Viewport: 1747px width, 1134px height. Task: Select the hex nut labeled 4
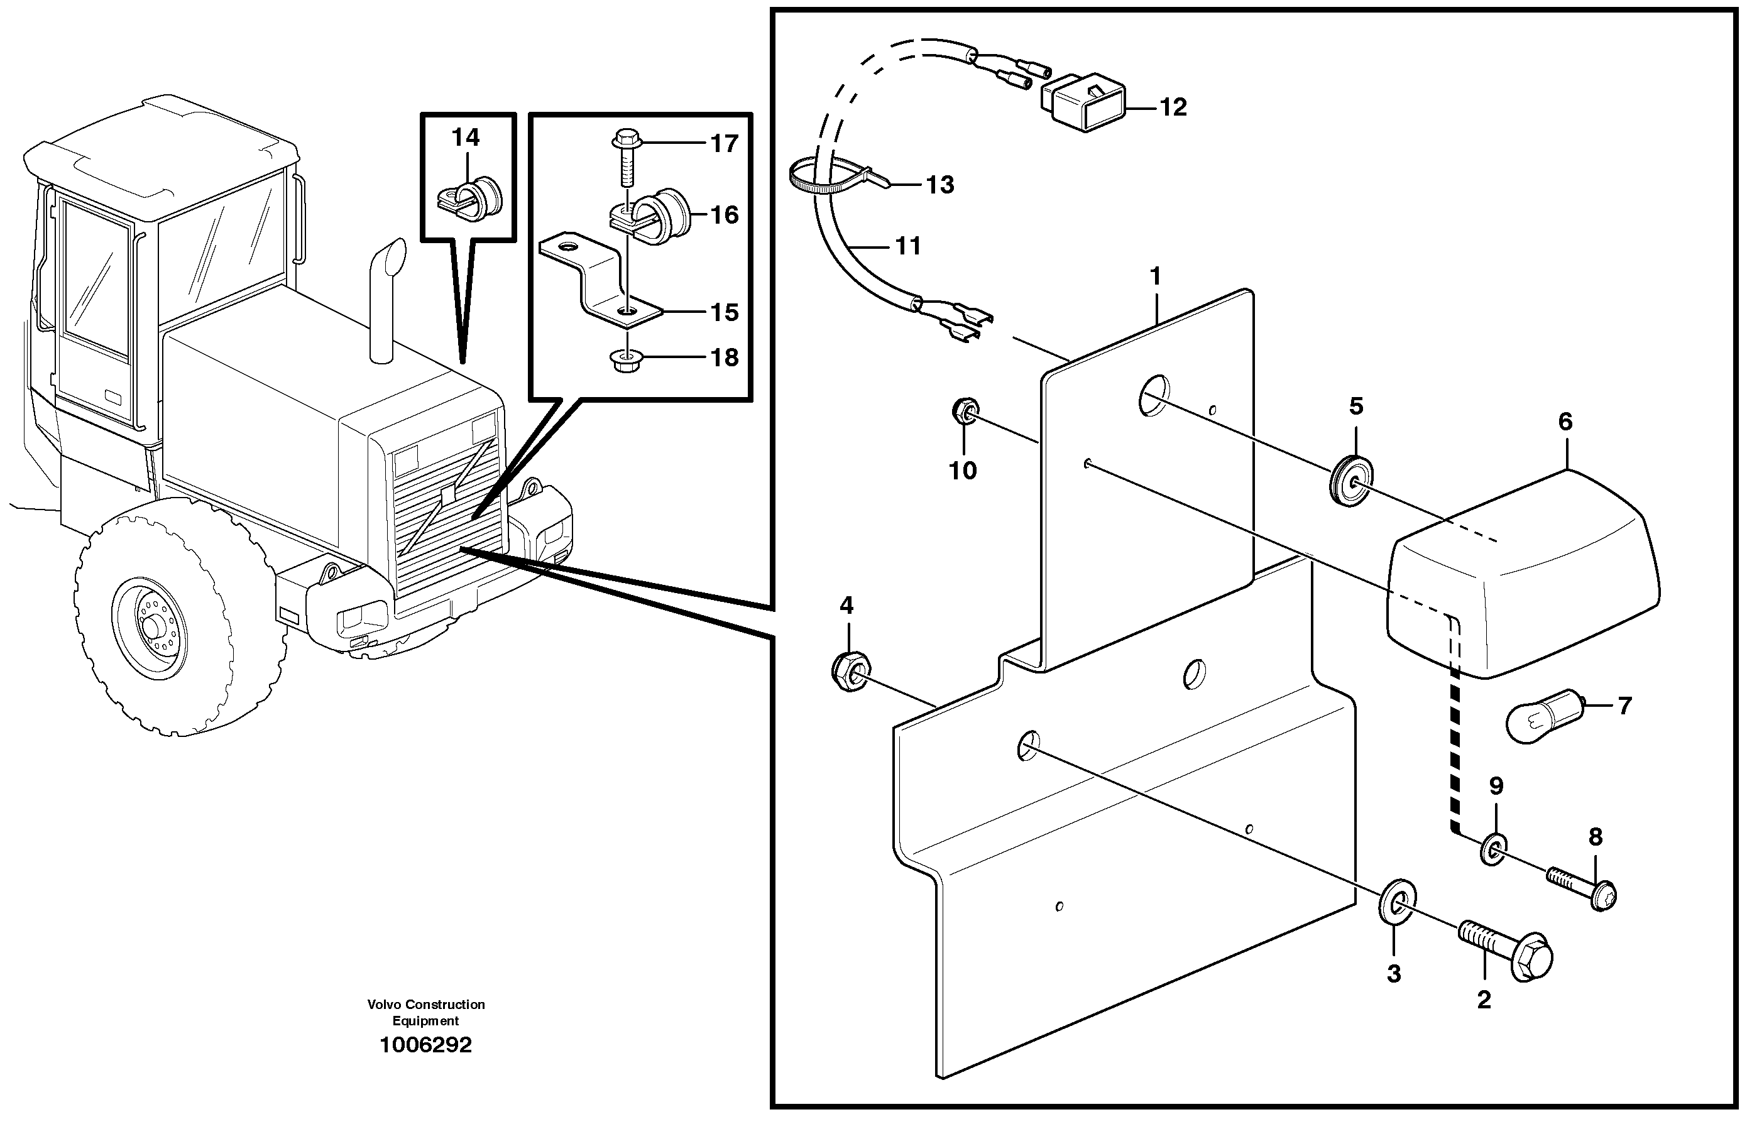(x=850, y=669)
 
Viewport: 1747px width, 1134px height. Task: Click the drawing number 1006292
(x=425, y=1044)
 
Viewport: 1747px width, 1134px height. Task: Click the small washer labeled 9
(x=1494, y=849)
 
